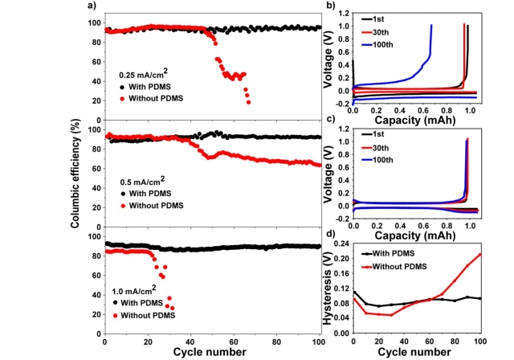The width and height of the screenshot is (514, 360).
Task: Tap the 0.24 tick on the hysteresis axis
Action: tap(340, 242)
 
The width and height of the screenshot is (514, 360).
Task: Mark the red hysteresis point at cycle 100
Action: tap(479, 254)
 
